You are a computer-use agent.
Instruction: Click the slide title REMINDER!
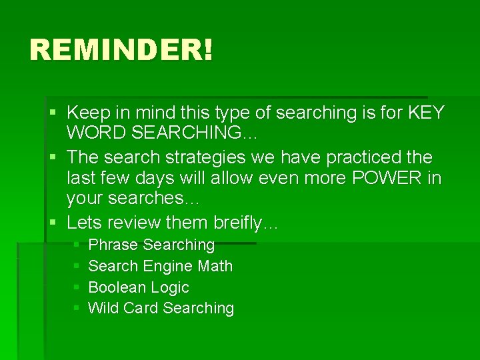121,50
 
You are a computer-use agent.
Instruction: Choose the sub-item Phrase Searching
151,245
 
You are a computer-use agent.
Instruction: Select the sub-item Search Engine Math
160,266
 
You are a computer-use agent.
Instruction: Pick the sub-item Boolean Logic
139,287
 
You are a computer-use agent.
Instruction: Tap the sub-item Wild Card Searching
161,308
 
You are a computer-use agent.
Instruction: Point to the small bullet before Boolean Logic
77,288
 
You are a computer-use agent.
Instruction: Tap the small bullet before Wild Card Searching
77,309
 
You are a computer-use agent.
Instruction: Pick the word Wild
102,308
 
